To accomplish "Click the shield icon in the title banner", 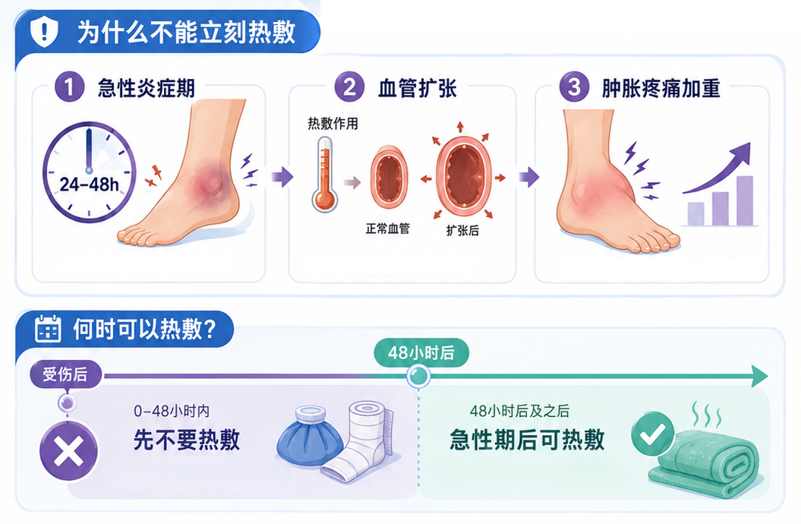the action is coord(44,31).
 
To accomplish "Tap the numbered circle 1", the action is coord(70,87).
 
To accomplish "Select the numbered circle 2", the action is coord(349,87).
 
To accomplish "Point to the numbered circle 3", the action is coord(574,87).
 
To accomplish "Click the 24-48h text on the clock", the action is coord(90,185).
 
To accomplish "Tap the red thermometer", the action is coord(325,174).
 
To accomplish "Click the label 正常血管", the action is coord(388,229).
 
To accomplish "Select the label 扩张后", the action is coord(463,230).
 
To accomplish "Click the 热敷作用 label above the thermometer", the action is coord(333,124).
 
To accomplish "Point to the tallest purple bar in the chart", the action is coord(745,200).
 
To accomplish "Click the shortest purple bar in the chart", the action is coord(695,214).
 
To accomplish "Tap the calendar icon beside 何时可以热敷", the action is coord(48,329).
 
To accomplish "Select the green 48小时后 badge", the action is coord(421,352).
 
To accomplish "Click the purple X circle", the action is coord(69,452).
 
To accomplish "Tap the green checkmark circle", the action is coord(653,434).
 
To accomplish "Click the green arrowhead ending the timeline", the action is coord(760,377).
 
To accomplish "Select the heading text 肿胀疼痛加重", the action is coord(661,88).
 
